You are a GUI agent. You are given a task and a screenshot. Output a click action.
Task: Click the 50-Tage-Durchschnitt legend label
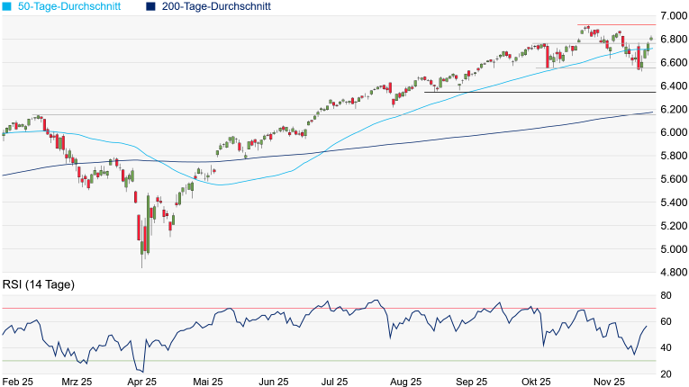tap(72, 6)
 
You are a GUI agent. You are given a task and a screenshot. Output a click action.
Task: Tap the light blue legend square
tap(8, 6)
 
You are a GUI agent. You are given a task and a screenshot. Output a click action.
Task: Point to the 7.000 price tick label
tap(671, 16)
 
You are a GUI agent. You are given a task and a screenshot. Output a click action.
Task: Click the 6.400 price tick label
tap(671, 86)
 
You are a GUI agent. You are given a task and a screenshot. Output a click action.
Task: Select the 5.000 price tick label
tap(671, 249)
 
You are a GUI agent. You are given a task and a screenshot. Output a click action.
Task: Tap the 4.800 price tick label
tap(671, 273)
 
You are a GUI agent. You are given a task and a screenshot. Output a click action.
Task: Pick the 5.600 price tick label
tap(671, 179)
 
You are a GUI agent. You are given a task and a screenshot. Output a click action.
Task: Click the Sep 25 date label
tap(469, 382)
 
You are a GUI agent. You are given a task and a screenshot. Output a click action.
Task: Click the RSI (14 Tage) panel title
tap(39, 284)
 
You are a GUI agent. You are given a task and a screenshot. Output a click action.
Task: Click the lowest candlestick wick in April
tap(142, 266)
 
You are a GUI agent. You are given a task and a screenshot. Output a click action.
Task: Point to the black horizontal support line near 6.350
tap(540, 92)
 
